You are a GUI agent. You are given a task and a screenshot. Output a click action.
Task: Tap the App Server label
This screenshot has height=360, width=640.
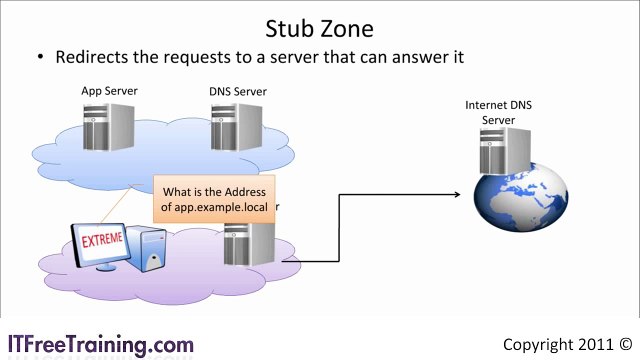tap(109, 91)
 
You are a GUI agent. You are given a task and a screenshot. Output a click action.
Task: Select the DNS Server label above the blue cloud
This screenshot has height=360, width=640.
tap(238, 92)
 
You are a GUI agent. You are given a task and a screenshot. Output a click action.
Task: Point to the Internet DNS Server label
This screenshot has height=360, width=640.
tap(498, 112)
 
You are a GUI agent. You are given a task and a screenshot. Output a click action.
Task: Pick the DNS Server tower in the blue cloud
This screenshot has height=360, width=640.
tap(242, 130)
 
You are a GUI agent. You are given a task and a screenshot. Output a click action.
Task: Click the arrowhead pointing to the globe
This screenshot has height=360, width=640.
tap(462, 196)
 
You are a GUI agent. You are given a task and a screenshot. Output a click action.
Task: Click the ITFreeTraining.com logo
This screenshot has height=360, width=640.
tap(100, 344)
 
